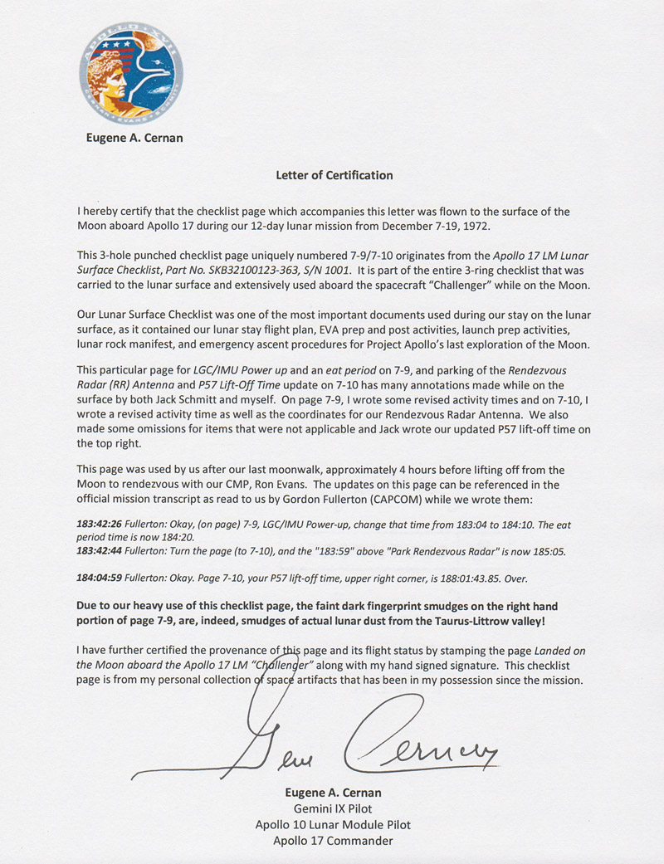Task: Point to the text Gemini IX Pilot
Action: (x=332, y=808)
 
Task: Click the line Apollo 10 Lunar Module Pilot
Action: (x=332, y=824)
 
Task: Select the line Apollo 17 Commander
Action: (x=332, y=840)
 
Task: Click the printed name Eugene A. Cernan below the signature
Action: (x=332, y=793)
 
